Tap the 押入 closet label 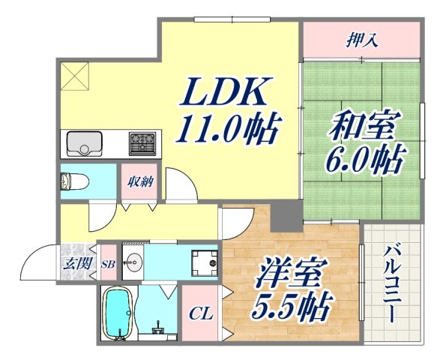[361, 38]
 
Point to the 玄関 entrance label [74, 263]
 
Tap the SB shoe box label [108, 263]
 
